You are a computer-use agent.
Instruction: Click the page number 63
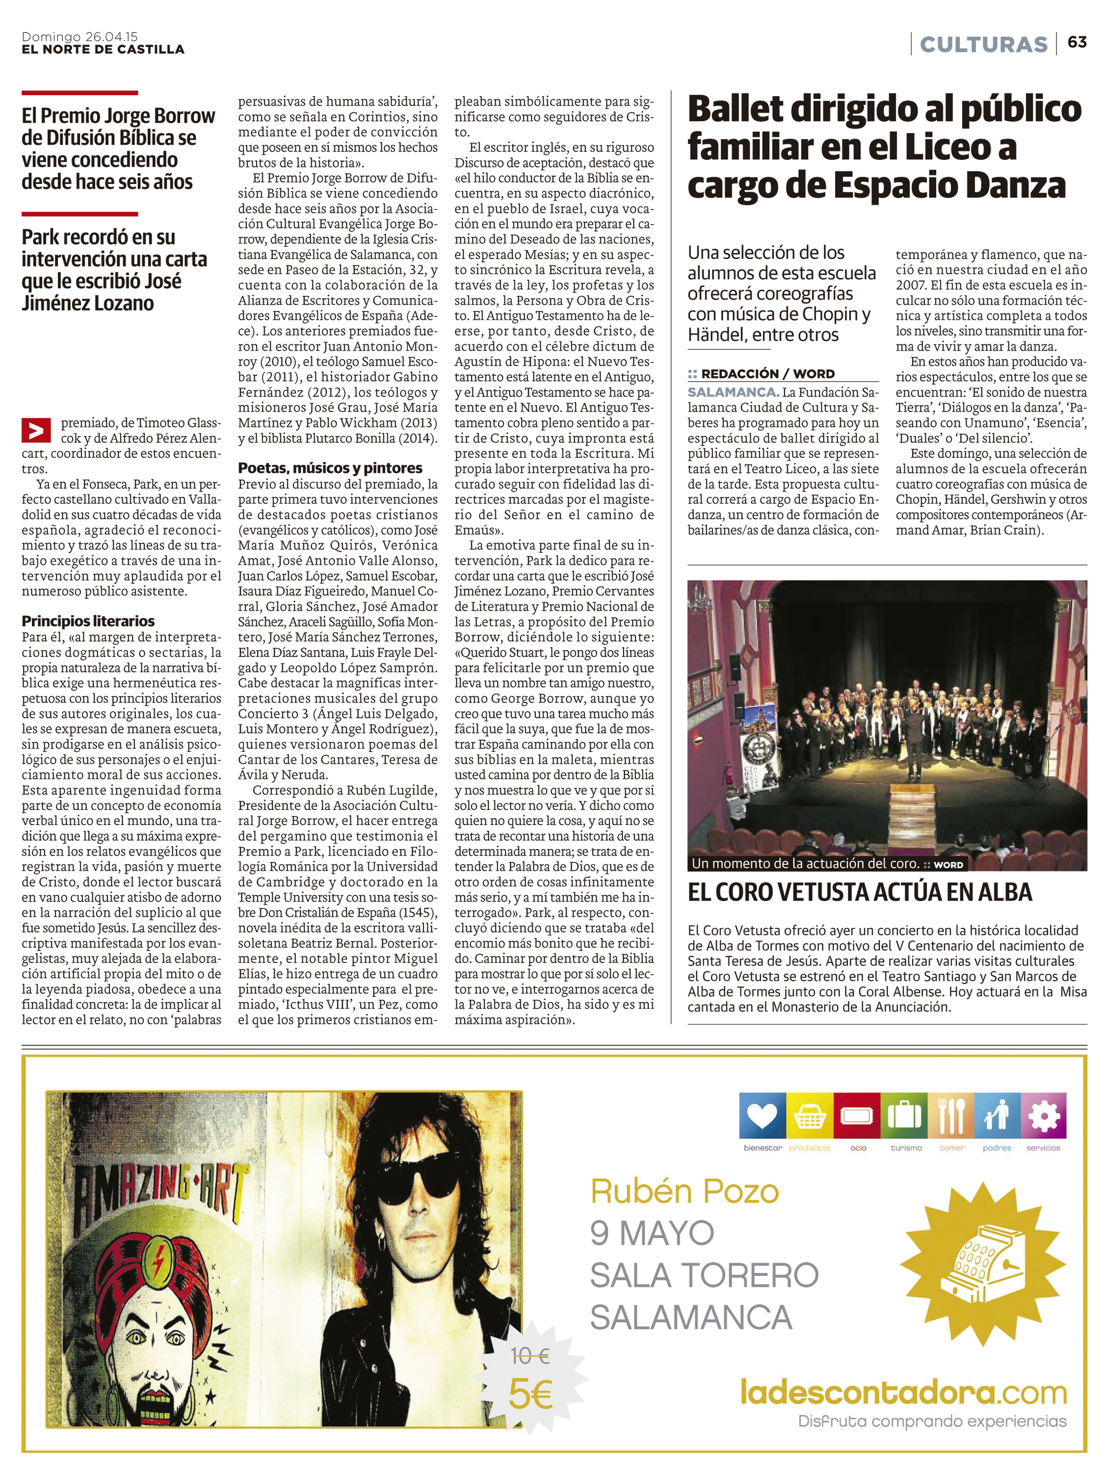(x=1077, y=42)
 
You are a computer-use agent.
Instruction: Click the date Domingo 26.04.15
(x=79, y=37)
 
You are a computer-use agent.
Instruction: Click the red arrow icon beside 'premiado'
(x=36, y=431)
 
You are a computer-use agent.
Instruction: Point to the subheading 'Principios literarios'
(x=88, y=621)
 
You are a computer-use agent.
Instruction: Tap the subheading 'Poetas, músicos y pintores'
(x=330, y=468)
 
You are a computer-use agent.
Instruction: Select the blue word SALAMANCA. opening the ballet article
(x=733, y=392)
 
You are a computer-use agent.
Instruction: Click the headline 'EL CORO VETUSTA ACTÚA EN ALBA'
(x=860, y=892)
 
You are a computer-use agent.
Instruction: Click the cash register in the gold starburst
(x=982, y=1264)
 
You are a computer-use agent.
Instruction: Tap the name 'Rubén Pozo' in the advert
(x=684, y=1191)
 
